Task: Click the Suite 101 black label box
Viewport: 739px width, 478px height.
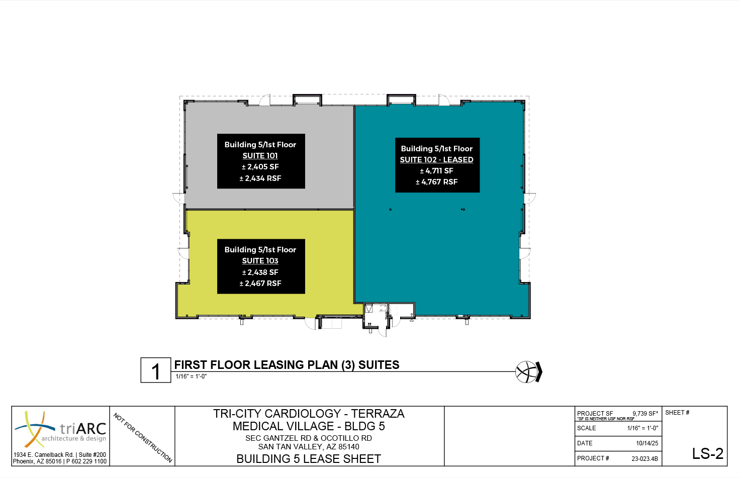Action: point(261,161)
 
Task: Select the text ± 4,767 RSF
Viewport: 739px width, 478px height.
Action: point(436,182)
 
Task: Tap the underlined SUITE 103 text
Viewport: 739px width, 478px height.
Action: point(260,260)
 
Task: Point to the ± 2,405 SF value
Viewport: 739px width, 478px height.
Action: point(260,166)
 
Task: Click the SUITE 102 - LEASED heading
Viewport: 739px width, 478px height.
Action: point(436,160)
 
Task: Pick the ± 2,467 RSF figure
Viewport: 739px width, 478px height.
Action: point(260,283)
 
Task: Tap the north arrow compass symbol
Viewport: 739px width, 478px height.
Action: point(528,372)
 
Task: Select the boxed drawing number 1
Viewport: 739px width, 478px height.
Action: point(156,370)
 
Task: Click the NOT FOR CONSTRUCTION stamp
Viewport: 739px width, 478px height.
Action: point(143,438)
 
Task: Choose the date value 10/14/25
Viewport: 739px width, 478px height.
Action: point(647,443)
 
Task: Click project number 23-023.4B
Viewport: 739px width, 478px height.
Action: point(644,458)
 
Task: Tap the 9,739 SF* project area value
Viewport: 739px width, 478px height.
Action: point(645,413)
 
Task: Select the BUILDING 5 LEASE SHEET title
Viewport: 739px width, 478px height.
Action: point(309,459)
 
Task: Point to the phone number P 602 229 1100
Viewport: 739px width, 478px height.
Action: point(86,461)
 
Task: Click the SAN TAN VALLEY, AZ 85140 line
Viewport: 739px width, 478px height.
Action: point(309,447)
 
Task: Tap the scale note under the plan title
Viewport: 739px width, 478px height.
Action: point(191,376)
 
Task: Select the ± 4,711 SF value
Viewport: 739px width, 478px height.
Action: point(436,171)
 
